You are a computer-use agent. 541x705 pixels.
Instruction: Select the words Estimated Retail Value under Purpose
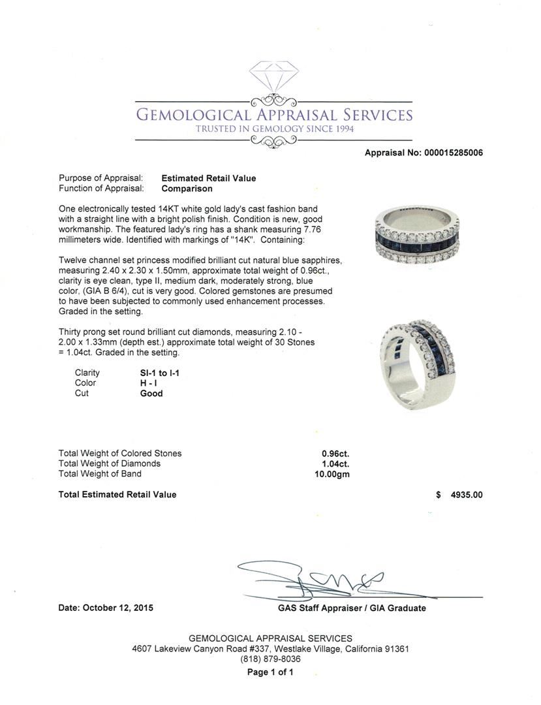[x=208, y=178]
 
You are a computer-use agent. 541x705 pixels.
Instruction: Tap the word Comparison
[x=187, y=189]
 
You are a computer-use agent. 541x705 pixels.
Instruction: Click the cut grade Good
[x=151, y=394]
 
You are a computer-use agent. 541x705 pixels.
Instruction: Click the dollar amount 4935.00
[x=467, y=495]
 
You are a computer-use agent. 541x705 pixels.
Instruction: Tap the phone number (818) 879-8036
[x=270, y=659]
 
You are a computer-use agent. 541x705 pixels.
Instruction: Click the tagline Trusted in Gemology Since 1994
[x=274, y=129]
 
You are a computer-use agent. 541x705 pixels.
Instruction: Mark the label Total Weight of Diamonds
[x=110, y=463]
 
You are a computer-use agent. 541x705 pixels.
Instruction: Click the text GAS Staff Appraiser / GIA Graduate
[x=351, y=608]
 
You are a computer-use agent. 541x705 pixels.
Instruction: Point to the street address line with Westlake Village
[x=270, y=649]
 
